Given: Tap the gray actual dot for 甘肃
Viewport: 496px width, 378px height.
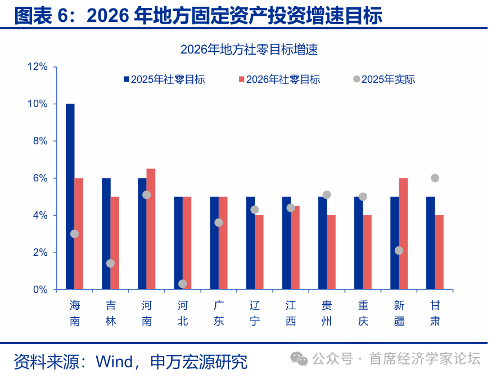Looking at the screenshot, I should click(x=435, y=178).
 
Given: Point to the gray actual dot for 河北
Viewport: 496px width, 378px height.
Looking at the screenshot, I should click(x=182, y=284).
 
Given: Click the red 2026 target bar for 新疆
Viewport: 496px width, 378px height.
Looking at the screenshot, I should click(x=403, y=233).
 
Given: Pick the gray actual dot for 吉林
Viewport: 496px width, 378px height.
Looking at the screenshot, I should click(x=110, y=264).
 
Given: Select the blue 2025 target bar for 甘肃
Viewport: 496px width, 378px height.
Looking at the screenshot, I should click(x=430, y=243).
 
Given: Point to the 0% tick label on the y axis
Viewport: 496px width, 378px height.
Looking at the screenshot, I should click(x=40, y=290).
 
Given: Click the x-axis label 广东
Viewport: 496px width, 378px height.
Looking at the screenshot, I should click(x=219, y=313).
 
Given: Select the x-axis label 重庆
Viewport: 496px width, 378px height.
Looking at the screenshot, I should click(x=363, y=313).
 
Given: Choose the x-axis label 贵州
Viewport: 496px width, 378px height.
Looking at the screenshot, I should click(x=327, y=313).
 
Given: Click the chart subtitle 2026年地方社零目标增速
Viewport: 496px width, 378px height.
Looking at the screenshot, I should click(x=249, y=50).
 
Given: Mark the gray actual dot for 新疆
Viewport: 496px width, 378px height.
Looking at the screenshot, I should click(x=399, y=250).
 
